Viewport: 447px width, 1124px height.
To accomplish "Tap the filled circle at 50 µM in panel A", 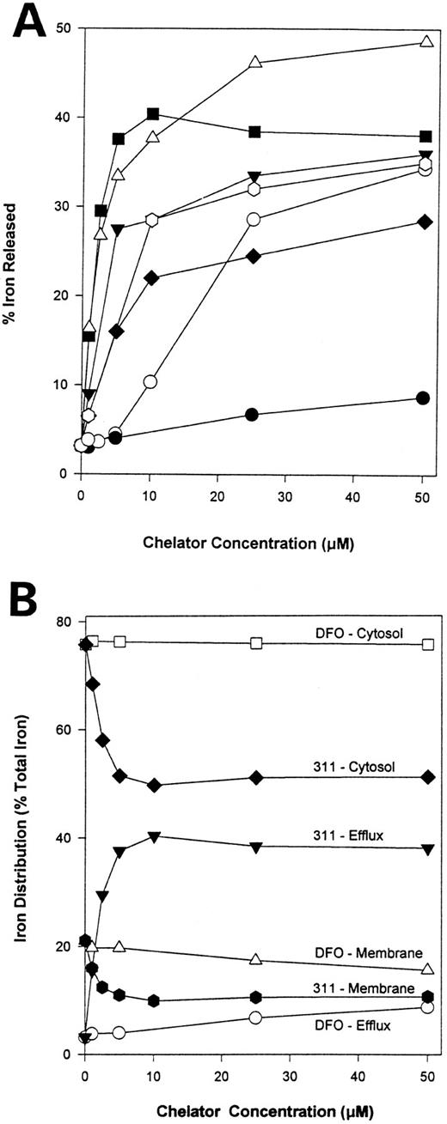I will click(423, 398).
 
